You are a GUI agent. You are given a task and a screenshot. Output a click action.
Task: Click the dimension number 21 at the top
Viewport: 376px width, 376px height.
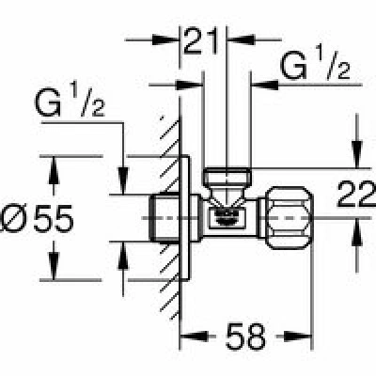201,41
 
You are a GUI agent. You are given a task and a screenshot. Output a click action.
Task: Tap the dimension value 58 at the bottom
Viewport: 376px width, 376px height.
245,337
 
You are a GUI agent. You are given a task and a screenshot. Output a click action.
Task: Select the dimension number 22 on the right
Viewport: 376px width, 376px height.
356,194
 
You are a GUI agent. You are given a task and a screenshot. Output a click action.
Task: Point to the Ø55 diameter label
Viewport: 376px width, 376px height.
38,219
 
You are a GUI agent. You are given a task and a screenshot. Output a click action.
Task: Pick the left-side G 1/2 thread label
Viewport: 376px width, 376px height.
70,101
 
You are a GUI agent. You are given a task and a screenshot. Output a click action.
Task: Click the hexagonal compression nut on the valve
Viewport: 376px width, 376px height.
290,218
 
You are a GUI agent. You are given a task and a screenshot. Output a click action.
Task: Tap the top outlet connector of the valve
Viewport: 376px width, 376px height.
227,178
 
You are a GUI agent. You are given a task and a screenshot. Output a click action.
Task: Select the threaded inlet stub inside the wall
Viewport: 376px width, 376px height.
164,218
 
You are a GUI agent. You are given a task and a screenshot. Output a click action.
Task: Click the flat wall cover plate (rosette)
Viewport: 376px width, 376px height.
184,218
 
